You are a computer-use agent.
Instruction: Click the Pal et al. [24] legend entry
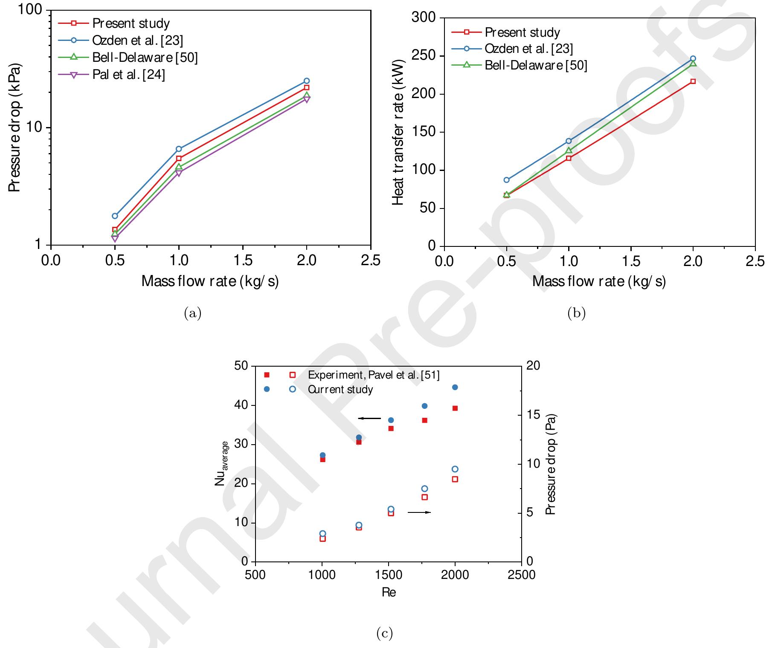coord(128,75)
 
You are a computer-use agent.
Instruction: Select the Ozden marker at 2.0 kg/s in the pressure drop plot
coord(306,81)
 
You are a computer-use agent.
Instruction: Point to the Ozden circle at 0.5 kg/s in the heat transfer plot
coord(506,180)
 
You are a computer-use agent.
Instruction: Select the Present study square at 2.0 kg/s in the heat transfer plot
coord(693,81)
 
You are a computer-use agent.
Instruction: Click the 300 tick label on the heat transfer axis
coord(424,18)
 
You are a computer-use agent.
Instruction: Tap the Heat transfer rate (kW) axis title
coord(398,132)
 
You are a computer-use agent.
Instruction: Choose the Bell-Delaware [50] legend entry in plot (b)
coord(535,65)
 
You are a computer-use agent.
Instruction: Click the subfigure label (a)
coord(192,314)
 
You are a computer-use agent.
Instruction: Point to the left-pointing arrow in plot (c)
coord(369,418)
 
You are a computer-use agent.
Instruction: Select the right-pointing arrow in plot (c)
coord(419,512)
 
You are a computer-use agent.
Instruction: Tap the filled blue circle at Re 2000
coord(455,387)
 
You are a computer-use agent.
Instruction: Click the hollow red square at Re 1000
coord(323,539)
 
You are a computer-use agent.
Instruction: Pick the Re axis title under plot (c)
coord(389,593)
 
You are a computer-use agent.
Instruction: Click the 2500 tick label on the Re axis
coord(521,575)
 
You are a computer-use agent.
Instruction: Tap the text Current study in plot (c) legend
coord(340,389)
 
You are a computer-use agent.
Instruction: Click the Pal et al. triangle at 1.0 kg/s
coord(178,173)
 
